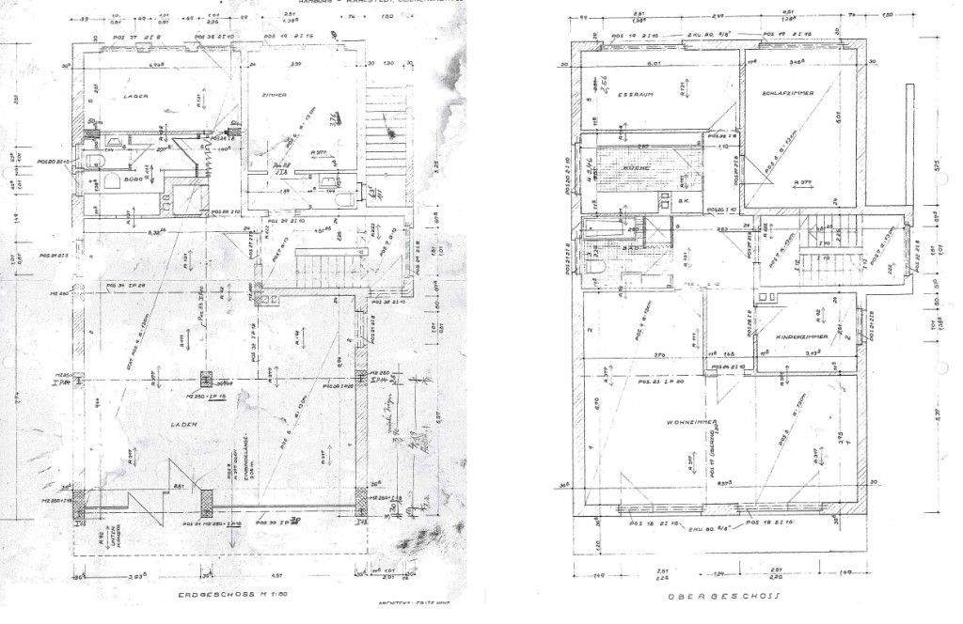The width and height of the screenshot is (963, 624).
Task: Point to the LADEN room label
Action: (185, 425)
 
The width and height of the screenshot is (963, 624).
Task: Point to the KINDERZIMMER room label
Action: (802, 336)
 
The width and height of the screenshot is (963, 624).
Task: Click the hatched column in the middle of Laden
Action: (205, 380)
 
